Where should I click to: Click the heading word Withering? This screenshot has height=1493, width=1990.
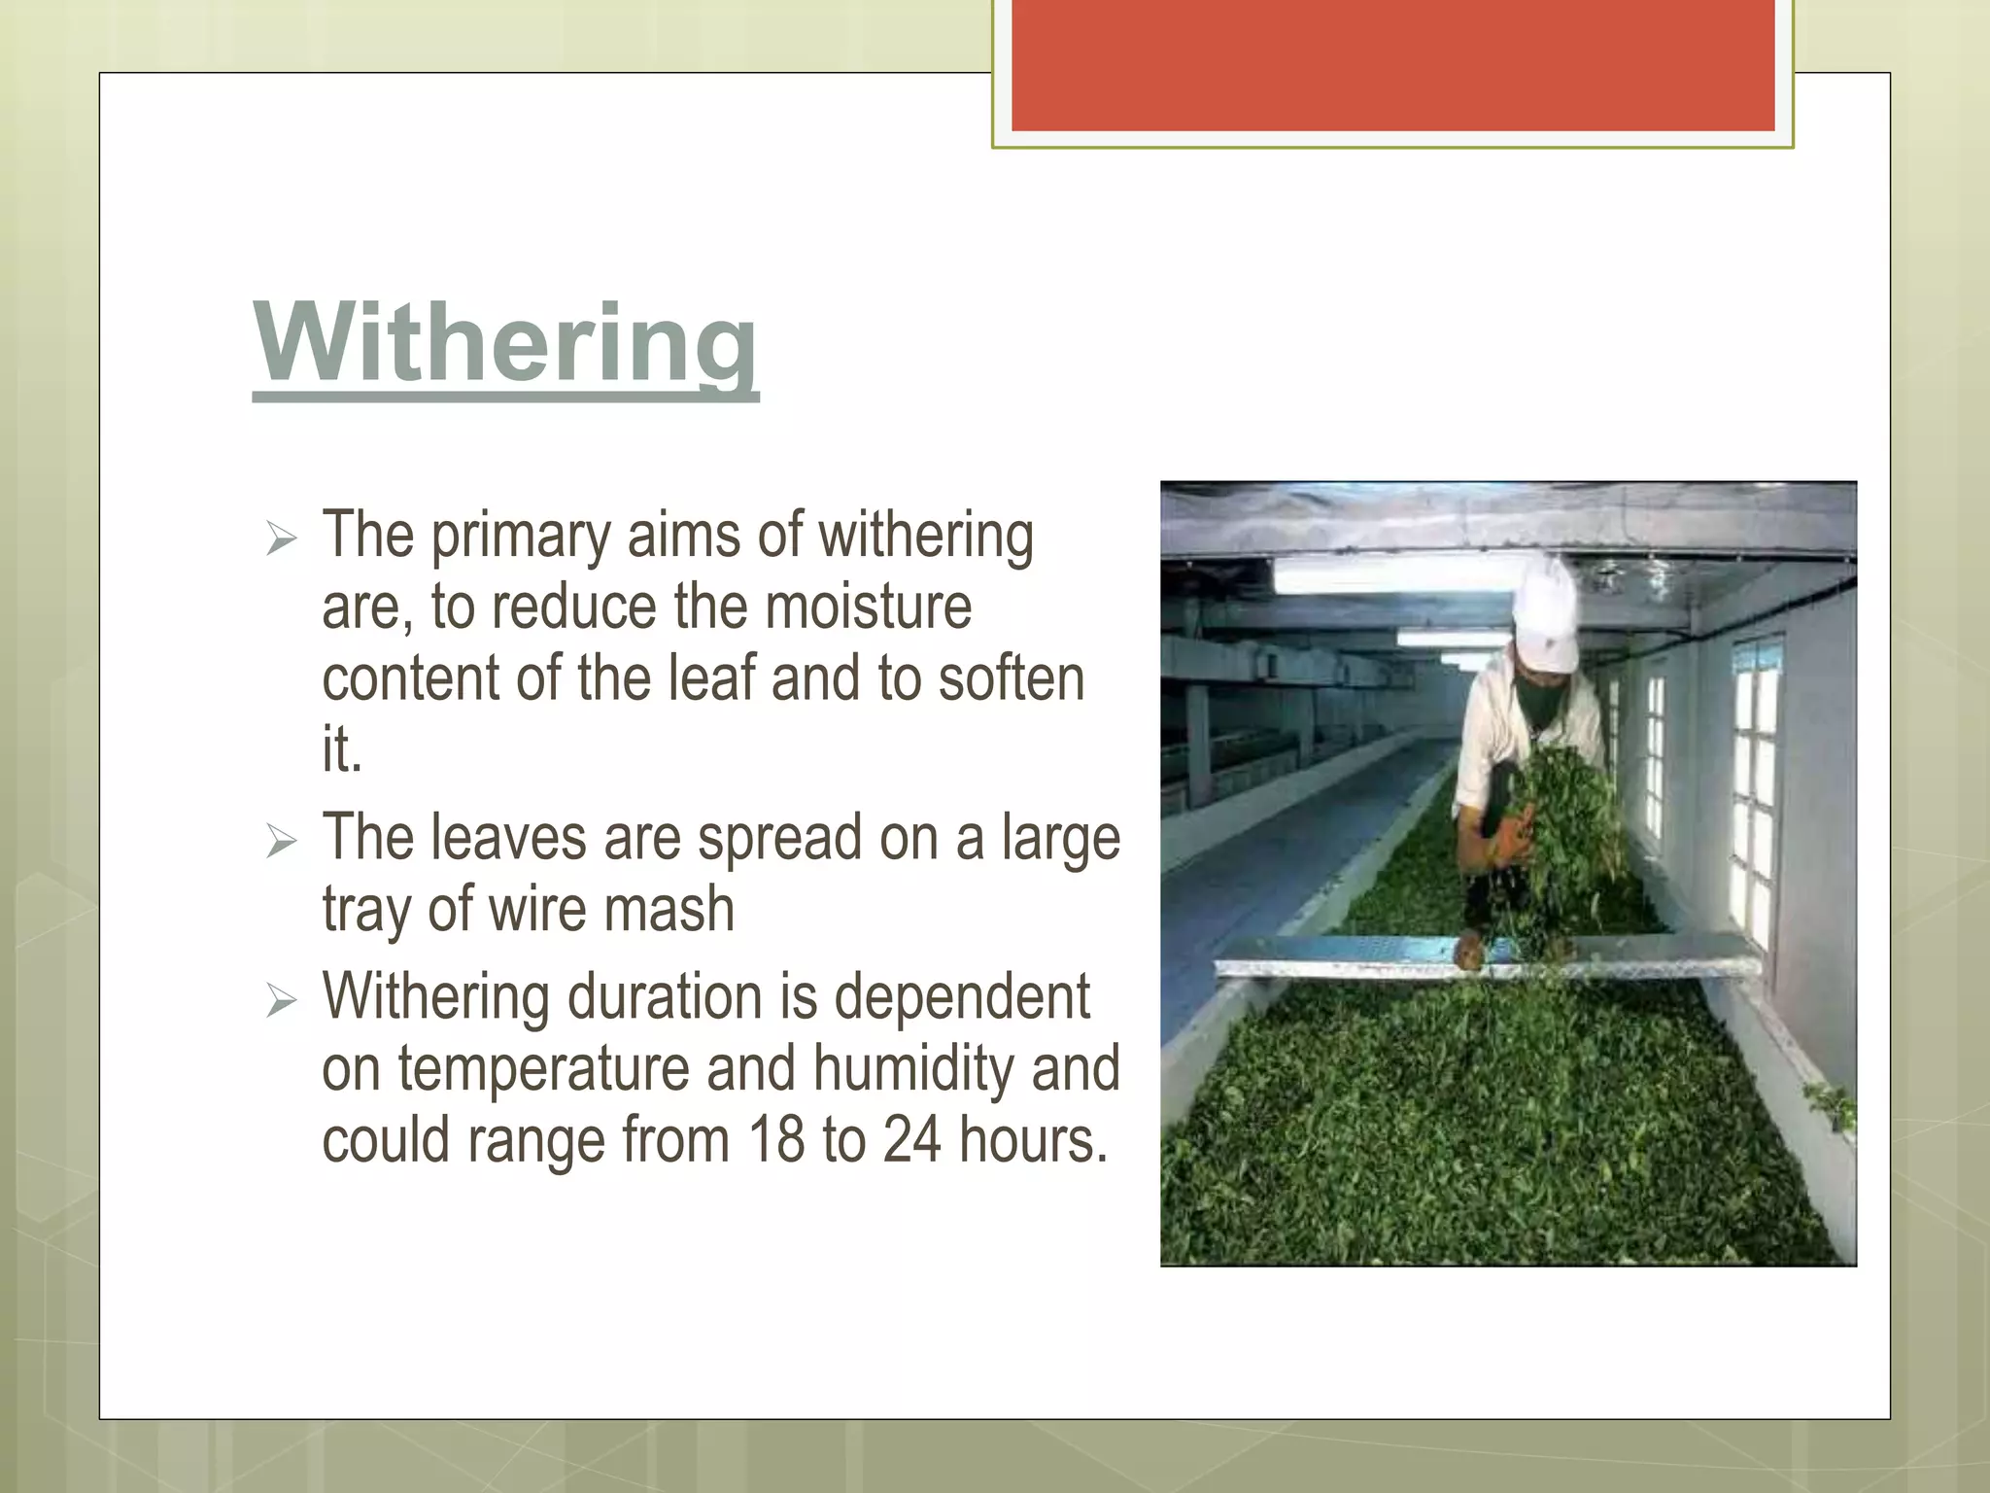pos(505,342)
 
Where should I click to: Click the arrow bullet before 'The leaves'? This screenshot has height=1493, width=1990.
pos(281,841)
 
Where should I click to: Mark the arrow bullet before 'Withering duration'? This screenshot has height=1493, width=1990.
pos(281,999)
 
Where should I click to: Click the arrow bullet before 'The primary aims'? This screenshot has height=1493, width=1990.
pos(281,538)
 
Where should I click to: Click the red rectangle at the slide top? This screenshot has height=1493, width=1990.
pos(1392,64)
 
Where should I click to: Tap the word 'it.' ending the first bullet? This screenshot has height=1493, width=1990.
pos(341,749)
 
